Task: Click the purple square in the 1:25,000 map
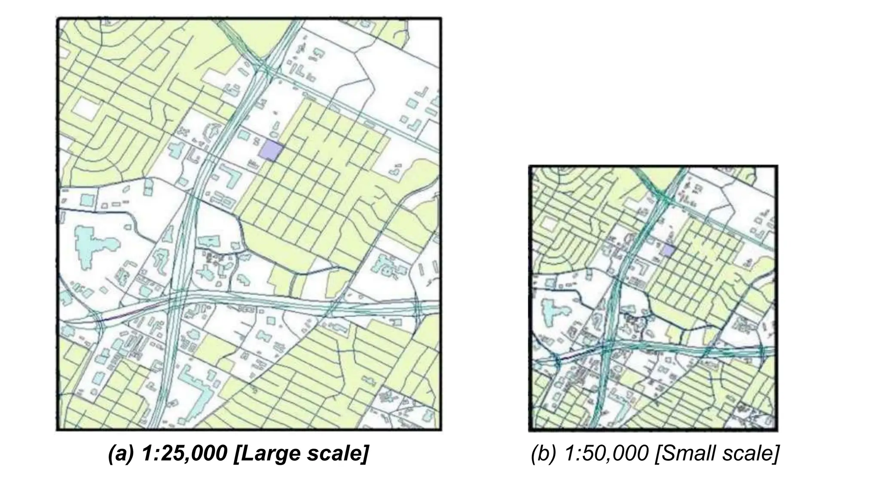coord(272,151)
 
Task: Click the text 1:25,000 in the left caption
coord(183,454)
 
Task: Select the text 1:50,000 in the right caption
coord(606,454)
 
